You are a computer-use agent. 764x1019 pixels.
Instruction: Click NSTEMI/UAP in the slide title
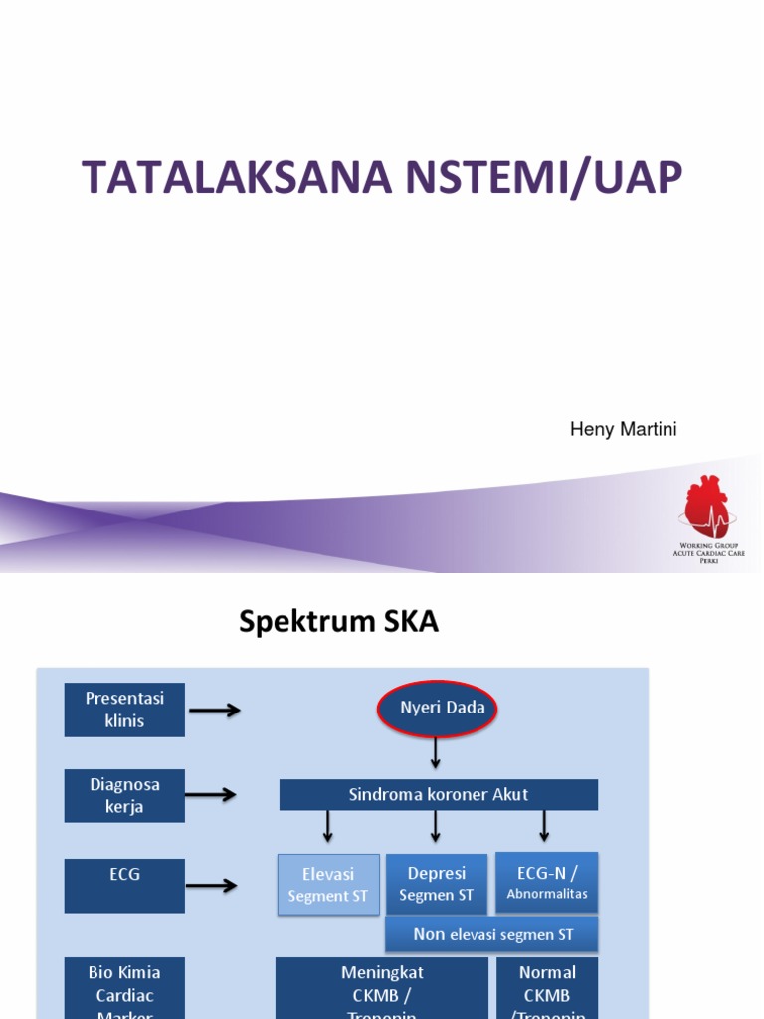coord(544,177)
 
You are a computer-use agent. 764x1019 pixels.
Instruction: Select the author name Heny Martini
coord(623,429)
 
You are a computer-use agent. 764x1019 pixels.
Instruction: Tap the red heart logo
coord(707,506)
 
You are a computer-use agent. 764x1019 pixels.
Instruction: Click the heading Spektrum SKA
coord(338,622)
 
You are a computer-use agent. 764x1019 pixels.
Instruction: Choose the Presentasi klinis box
coord(124,710)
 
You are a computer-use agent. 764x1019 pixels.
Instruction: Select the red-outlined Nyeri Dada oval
coord(437,709)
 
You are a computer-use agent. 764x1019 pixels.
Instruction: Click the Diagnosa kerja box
coord(124,795)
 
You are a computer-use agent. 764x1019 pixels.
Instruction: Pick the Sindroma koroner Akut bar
coord(438,794)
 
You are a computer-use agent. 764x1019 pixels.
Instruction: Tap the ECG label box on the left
coord(124,885)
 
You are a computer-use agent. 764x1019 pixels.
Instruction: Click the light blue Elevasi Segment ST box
coord(328,884)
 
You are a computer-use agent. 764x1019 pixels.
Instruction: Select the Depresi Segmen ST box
coord(437,884)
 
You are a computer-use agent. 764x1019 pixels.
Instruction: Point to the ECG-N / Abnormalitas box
coord(547,882)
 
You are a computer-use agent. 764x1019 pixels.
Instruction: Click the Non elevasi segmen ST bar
coord(492,934)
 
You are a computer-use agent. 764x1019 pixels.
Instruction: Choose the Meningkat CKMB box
coord(382,988)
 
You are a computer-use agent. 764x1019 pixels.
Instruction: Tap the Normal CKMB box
coord(547,988)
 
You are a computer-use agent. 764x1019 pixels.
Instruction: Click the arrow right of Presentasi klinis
coord(215,710)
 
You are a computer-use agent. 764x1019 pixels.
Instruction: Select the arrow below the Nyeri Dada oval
coord(436,753)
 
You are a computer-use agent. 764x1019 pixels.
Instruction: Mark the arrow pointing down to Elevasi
coord(327,826)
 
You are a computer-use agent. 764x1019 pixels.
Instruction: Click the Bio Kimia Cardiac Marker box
coord(124,988)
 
